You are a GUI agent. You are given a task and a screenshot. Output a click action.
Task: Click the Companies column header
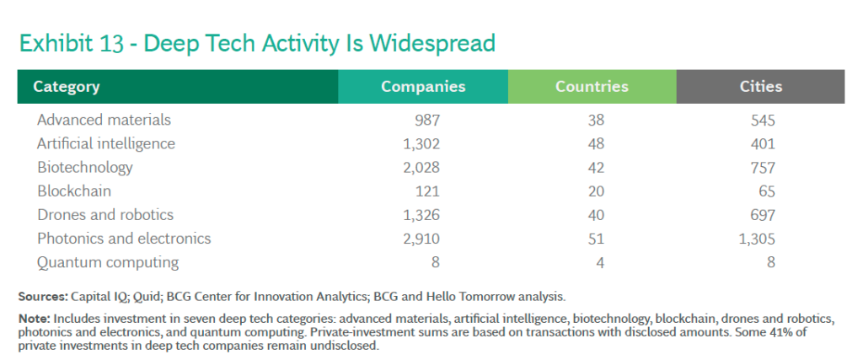coord(423,86)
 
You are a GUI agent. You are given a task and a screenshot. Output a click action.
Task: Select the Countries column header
coord(592,86)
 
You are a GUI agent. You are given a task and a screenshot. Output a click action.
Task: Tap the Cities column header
coord(761,86)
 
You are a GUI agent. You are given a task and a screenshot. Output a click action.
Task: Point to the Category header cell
coord(67,86)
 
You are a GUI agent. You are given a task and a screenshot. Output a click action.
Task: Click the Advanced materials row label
coord(105,120)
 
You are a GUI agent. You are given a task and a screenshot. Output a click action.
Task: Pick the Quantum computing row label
coord(108,262)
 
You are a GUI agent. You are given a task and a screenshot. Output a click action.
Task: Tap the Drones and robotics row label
coord(105,214)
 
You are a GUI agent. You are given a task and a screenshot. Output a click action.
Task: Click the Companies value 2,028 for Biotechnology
coord(421,167)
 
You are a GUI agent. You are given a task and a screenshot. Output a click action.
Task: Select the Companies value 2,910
coord(421,239)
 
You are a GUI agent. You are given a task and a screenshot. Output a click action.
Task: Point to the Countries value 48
coord(596,143)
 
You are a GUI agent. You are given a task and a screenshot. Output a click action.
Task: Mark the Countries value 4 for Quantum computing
coord(600,262)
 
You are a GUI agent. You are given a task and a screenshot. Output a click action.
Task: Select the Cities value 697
coord(762,214)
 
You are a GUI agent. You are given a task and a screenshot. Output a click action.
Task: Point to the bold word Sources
coord(40,297)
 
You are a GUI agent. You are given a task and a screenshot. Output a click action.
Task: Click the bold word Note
coord(34,319)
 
